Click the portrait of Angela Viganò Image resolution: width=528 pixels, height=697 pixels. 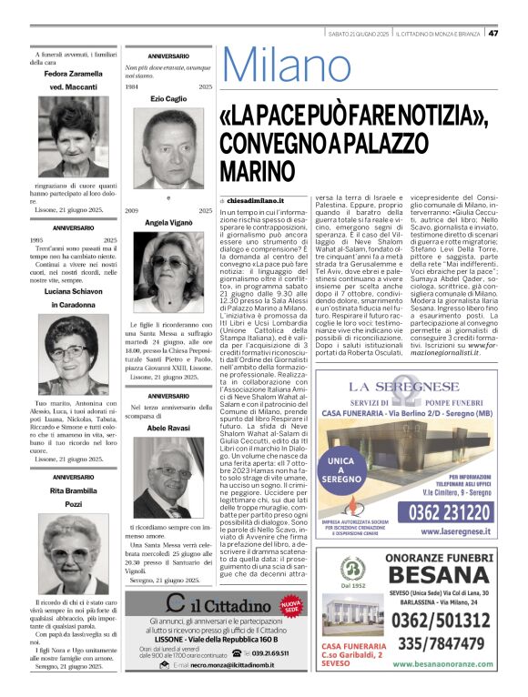pos(168,269)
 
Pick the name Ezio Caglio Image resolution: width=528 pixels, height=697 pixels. pos(168,97)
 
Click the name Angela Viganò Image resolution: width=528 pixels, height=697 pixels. pos(168,223)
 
